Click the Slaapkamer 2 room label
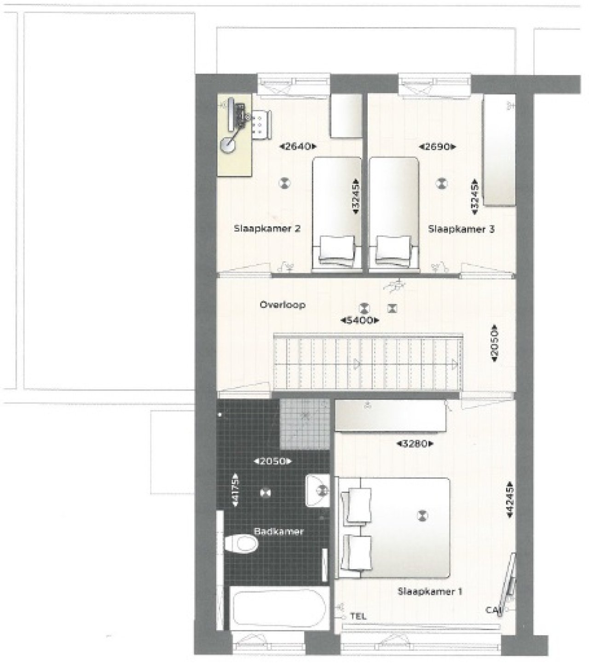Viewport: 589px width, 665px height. (267, 229)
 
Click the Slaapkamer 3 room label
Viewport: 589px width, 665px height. (461, 229)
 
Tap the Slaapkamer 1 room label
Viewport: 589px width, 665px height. (429, 592)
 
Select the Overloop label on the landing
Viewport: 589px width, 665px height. (283, 305)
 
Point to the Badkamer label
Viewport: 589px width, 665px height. (279, 531)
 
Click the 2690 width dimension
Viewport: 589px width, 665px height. (437, 147)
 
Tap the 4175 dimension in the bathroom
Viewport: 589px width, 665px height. (236, 490)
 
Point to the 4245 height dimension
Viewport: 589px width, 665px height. (509, 500)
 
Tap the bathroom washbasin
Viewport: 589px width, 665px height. (318, 491)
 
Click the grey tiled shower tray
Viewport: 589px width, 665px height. (305, 424)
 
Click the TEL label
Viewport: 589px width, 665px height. (358, 616)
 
